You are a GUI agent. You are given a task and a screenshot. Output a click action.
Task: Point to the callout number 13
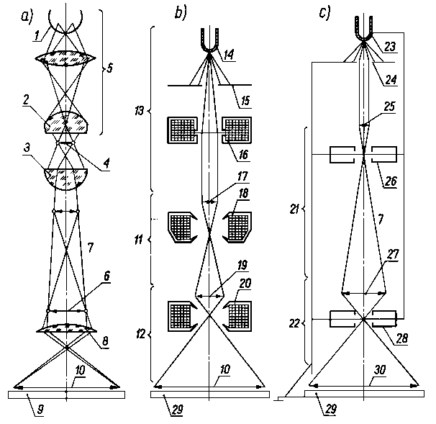pyautogui.click(x=139, y=112)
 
